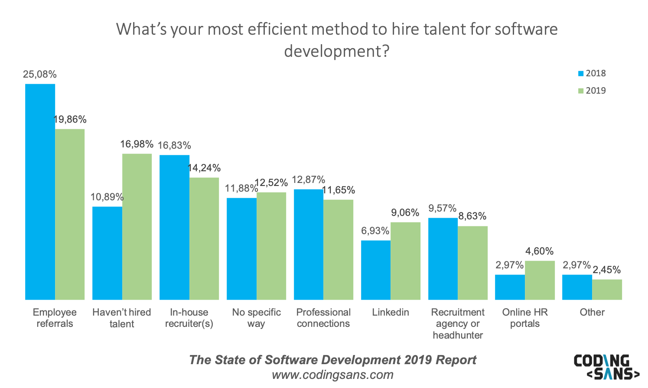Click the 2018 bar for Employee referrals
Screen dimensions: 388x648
coord(40,192)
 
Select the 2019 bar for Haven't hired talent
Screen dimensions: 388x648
coord(137,227)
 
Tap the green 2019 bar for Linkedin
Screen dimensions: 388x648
coord(405,261)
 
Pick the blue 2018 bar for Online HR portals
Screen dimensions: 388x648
coord(510,287)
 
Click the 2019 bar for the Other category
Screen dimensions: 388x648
coord(607,290)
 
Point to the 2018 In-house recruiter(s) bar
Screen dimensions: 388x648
coord(174,227)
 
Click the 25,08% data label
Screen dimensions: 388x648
coord(40,75)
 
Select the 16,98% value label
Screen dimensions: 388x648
coord(137,144)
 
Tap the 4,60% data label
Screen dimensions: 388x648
coord(540,251)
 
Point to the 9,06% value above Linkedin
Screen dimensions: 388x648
coord(405,213)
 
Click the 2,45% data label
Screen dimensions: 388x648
coord(607,270)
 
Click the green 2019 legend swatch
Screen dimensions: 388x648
coord(581,91)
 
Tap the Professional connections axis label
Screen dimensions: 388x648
coord(323,318)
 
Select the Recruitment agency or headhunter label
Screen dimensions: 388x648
coord(458,323)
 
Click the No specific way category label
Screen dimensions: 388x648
coord(256,318)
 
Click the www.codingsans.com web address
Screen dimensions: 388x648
coord(332,375)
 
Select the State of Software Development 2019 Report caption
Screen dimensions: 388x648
coord(332,360)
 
